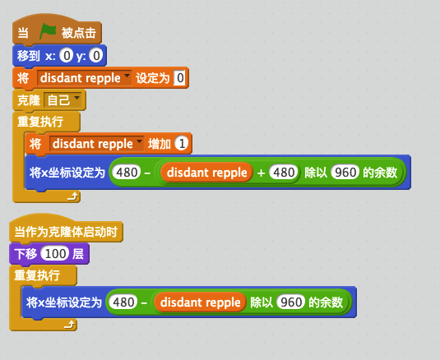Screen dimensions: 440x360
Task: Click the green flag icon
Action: tap(48, 31)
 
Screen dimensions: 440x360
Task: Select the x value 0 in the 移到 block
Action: tap(67, 55)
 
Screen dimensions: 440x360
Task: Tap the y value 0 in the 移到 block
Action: tap(96, 55)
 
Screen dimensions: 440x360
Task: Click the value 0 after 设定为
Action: tap(179, 77)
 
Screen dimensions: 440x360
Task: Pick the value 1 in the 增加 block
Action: tap(182, 144)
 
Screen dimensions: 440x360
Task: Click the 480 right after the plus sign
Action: tap(284, 172)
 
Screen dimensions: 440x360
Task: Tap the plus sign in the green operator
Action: tap(261, 173)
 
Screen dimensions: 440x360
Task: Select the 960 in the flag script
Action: tap(345, 172)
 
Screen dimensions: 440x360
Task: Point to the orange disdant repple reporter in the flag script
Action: tap(206, 172)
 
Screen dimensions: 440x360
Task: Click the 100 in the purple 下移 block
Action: tap(55, 254)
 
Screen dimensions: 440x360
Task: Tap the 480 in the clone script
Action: tap(123, 302)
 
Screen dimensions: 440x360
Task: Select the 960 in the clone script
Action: tap(290, 302)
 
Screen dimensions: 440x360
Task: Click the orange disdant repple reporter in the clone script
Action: tap(200, 302)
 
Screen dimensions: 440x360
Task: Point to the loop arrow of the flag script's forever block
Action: tap(72, 196)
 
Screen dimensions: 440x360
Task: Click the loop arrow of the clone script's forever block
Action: tap(69, 324)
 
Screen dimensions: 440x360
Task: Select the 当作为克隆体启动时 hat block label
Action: tap(66, 232)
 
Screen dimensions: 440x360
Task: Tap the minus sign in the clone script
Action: tap(144, 302)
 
